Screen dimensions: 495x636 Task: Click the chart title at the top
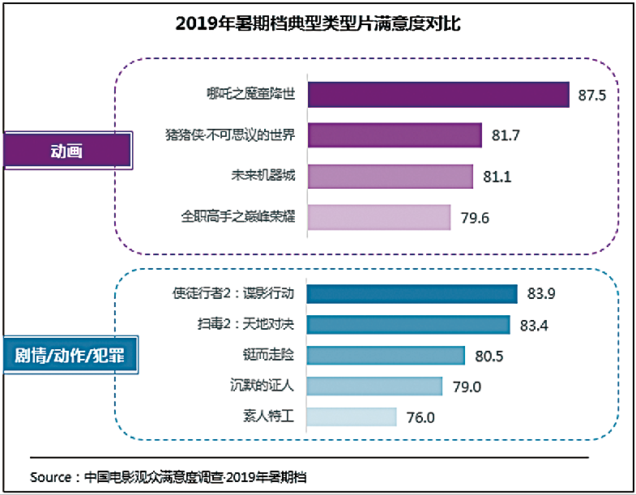[x=318, y=23]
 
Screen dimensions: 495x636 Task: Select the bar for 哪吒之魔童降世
[x=438, y=95]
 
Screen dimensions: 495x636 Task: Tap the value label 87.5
[x=592, y=96]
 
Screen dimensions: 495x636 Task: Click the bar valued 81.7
[x=395, y=134]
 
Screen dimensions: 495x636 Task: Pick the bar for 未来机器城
[x=390, y=176]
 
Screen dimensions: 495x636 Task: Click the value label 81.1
[x=497, y=177]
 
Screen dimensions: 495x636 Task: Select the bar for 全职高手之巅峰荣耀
[x=379, y=217]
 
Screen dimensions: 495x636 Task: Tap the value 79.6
[x=475, y=218]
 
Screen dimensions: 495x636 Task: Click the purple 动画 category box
[x=67, y=151]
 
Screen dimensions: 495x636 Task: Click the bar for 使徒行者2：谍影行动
[x=412, y=294]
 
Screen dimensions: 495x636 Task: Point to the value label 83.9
[x=541, y=294]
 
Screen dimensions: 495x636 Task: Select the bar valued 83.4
[x=408, y=325]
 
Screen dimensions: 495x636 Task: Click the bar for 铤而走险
[x=386, y=356]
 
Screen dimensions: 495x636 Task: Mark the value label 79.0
[x=466, y=386]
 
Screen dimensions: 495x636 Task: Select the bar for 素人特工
[x=352, y=416]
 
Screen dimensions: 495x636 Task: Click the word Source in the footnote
[x=50, y=476]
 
